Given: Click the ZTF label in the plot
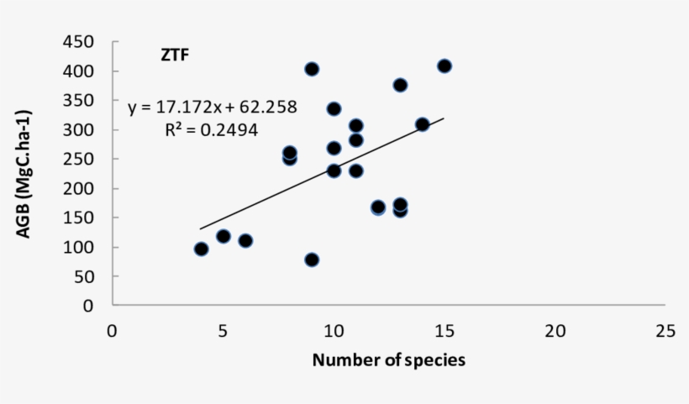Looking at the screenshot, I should pos(175,56).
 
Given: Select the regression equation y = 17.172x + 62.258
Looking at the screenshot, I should pos(212,108).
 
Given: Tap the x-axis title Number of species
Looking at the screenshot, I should pos(388,360).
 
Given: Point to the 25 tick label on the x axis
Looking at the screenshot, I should pos(665,330).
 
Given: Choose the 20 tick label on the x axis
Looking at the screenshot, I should pos(555,330).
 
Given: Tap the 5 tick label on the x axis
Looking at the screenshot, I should pos(223,330).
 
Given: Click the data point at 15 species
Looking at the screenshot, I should pos(444,66).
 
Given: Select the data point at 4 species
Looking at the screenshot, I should pos(201,249).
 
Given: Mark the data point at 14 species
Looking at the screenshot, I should pos(422,124).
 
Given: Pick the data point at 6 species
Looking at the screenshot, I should pos(245,241).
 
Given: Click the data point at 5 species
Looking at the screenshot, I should pos(224,236).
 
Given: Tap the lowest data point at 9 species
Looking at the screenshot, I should pos(312,260).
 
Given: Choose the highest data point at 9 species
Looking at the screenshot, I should pos(312,69).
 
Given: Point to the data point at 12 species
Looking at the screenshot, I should pos(378,207).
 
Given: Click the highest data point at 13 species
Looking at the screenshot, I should pos(400,85).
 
